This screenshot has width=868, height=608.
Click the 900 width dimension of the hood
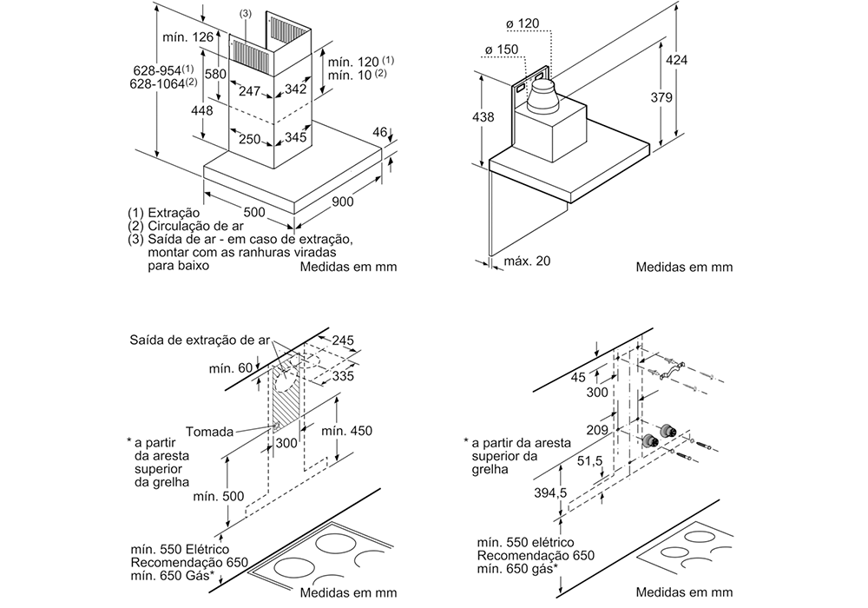tap(343, 202)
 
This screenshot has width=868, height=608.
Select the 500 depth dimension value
tap(254, 212)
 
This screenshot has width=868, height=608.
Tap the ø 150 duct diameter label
tap(502, 50)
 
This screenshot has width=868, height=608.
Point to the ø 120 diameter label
tap(522, 23)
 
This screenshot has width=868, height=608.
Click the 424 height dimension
tap(676, 60)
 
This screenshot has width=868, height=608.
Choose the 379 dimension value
tap(661, 97)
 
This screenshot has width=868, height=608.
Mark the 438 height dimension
tap(483, 117)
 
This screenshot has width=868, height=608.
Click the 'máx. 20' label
tap(527, 261)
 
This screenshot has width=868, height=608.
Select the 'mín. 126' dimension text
tap(188, 37)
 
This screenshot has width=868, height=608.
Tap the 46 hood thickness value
tap(380, 132)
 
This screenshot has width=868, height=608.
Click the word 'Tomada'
tap(209, 432)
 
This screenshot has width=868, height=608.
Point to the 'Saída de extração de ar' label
tap(200, 340)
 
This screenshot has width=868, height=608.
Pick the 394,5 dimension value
tap(551, 492)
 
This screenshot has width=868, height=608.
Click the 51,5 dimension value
tap(589, 460)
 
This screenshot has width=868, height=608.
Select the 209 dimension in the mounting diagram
tap(597, 430)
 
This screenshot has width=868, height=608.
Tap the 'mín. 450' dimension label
tap(346, 431)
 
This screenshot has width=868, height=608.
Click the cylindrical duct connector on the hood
tap(543, 96)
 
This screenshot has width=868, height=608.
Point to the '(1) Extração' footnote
tap(164, 213)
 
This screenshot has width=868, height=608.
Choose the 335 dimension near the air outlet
tap(343, 377)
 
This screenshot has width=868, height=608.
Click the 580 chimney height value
tap(215, 74)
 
